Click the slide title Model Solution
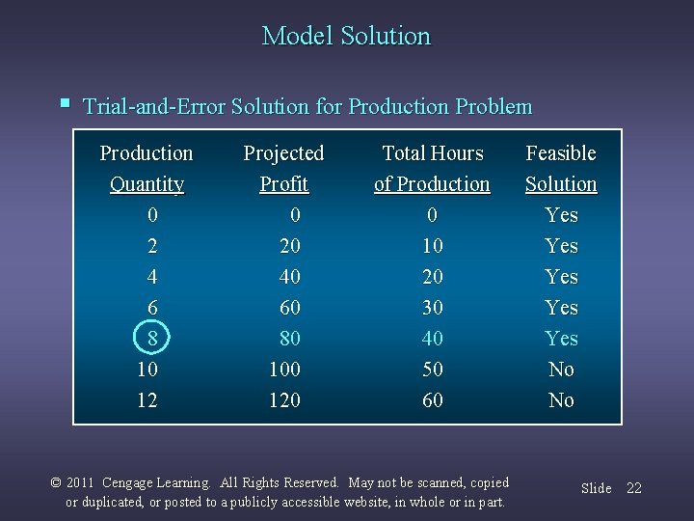(x=346, y=37)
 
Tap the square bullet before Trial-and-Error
(x=65, y=102)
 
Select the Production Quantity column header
(x=147, y=168)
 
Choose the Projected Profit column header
(x=283, y=168)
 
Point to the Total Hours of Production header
(x=432, y=168)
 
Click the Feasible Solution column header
(x=561, y=168)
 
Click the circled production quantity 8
(x=151, y=339)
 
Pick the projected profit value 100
(x=284, y=370)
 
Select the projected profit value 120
(x=284, y=400)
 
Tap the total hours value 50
(x=433, y=370)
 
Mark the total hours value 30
(x=433, y=308)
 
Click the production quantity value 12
(x=147, y=400)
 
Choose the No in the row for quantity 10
(x=561, y=370)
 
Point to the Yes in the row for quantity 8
(x=561, y=339)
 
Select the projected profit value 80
(x=289, y=339)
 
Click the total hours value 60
(x=433, y=400)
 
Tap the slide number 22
(x=633, y=488)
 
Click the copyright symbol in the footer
(x=56, y=482)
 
